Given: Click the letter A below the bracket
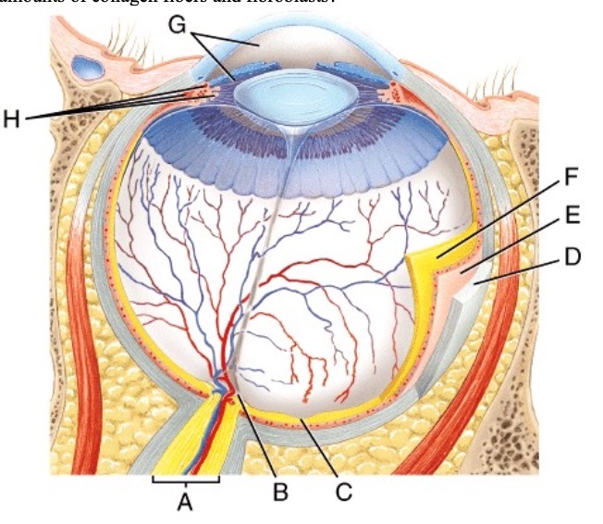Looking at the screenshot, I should click(x=186, y=505).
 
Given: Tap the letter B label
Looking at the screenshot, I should click(x=280, y=492).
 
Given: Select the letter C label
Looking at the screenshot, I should click(x=343, y=492).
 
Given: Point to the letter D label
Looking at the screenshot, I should click(x=572, y=256).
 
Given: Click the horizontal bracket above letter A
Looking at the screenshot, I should click(x=186, y=480).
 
